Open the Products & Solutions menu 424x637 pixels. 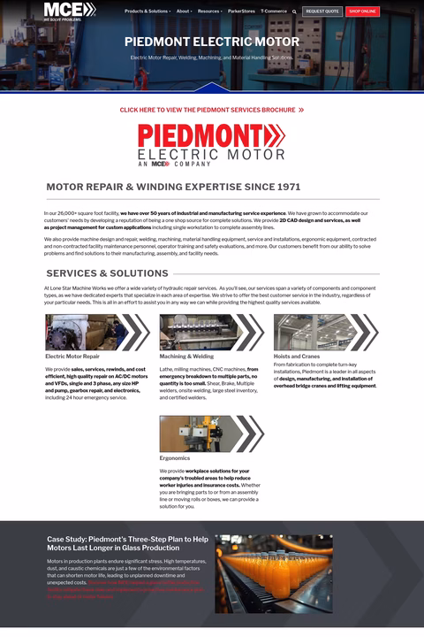click(x=147, y=12)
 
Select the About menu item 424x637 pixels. click(x=184, y=12)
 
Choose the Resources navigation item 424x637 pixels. click(x=209, y=12)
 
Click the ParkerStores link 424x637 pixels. click(x=241, y=12)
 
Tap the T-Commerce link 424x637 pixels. click(x=274, y=12)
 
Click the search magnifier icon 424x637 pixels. click(x=295, y=12)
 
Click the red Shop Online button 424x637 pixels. click(x=362, y=12)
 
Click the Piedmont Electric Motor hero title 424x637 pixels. click(x=212, y=42)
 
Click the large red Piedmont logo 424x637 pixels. click(x=212, y=144)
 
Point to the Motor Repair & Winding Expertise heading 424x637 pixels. click(x=173, y=187)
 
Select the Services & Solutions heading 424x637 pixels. click(x=107, y=273)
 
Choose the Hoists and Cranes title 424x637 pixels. click(x=296, y=357)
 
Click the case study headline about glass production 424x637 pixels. click(x=128, y=543)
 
